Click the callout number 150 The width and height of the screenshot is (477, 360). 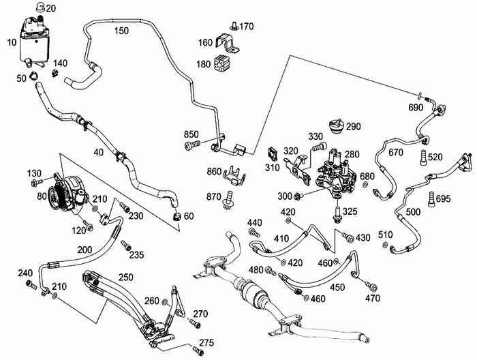pos(121,31)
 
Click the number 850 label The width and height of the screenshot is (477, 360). pos(192,134)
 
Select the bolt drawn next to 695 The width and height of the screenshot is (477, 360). pos(431,199)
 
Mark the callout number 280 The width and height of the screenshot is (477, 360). pos(351,156)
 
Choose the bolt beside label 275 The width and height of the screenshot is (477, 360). pos(198,350)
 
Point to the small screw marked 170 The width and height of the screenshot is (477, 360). pos(233,27)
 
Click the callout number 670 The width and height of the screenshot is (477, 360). pos(395,153)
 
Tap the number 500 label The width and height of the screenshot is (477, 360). pos(413,212)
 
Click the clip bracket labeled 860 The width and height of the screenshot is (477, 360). pos(234,177)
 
